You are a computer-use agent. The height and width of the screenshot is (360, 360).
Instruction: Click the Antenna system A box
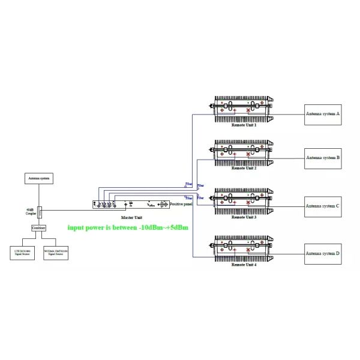click(322, 113)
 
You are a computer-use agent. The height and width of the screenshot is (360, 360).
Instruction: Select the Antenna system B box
click(322, 158)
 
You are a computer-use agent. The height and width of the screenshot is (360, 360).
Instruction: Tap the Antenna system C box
click(322, 206)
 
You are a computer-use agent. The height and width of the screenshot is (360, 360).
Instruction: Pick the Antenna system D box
click(322, 254)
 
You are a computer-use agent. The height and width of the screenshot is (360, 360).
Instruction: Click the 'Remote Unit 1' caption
click(244, 125)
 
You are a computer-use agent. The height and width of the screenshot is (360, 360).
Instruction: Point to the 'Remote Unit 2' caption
click(244, 169)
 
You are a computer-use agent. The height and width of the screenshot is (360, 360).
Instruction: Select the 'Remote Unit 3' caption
click(244, 217)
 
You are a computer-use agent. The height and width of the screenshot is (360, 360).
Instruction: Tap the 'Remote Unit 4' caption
click(244, 264)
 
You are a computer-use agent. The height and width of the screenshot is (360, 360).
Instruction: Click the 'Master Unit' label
click(131, 217)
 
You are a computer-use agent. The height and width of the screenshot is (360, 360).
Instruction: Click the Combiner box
click(38, 228)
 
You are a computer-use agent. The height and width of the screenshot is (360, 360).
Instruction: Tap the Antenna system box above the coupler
click(38, 178)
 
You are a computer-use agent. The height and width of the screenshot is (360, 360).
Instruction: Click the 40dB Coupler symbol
click(39, 211)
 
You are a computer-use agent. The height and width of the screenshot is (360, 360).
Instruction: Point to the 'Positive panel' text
click(181, 205)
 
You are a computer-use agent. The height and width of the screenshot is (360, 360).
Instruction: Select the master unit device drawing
click(131, 205)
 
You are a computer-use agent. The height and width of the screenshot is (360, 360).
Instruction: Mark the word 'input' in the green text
click(77, 228)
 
